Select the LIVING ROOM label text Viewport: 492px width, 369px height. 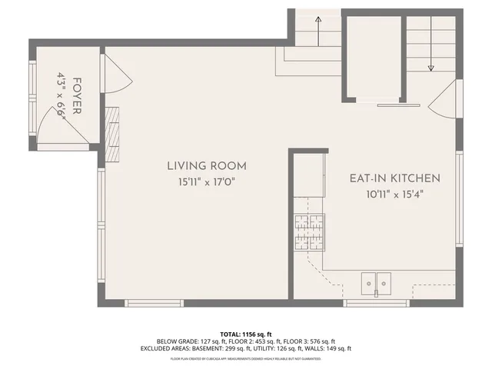tap(207, 165)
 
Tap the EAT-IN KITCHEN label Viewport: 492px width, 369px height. tap(395, 178)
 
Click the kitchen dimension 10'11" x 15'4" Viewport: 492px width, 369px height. tap(395, 194)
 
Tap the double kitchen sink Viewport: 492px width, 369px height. tap(377, 284)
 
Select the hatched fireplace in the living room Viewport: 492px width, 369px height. tap(113, 134)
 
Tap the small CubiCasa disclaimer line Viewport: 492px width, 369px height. tap(245, 358)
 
